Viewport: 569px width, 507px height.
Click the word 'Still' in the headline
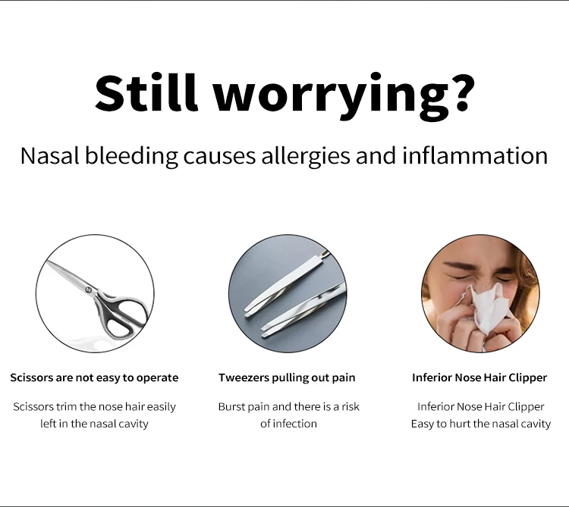click(x=146, y=92)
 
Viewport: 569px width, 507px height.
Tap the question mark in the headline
click(x=460, y=92)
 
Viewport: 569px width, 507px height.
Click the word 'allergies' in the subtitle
click(x=306, y=156)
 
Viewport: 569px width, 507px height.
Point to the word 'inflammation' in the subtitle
click(x=475, y=155)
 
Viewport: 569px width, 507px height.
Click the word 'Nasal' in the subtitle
click(x=50, y=155)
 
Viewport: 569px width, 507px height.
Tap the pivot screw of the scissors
click(x=88, y=289)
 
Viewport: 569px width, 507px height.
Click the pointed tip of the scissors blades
click(x=46, y=261)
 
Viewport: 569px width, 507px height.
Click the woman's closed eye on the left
click(x=458, y=277)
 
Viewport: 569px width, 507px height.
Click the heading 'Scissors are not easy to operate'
click(x=94, y=377)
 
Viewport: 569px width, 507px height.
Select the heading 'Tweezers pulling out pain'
click(x=287, y=377)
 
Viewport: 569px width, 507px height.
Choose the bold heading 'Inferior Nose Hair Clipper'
click(x=479, y=377)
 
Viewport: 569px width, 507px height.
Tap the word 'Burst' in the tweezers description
click(x=232, y=407)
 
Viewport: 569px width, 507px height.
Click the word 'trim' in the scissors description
click(x=66, y=407)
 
